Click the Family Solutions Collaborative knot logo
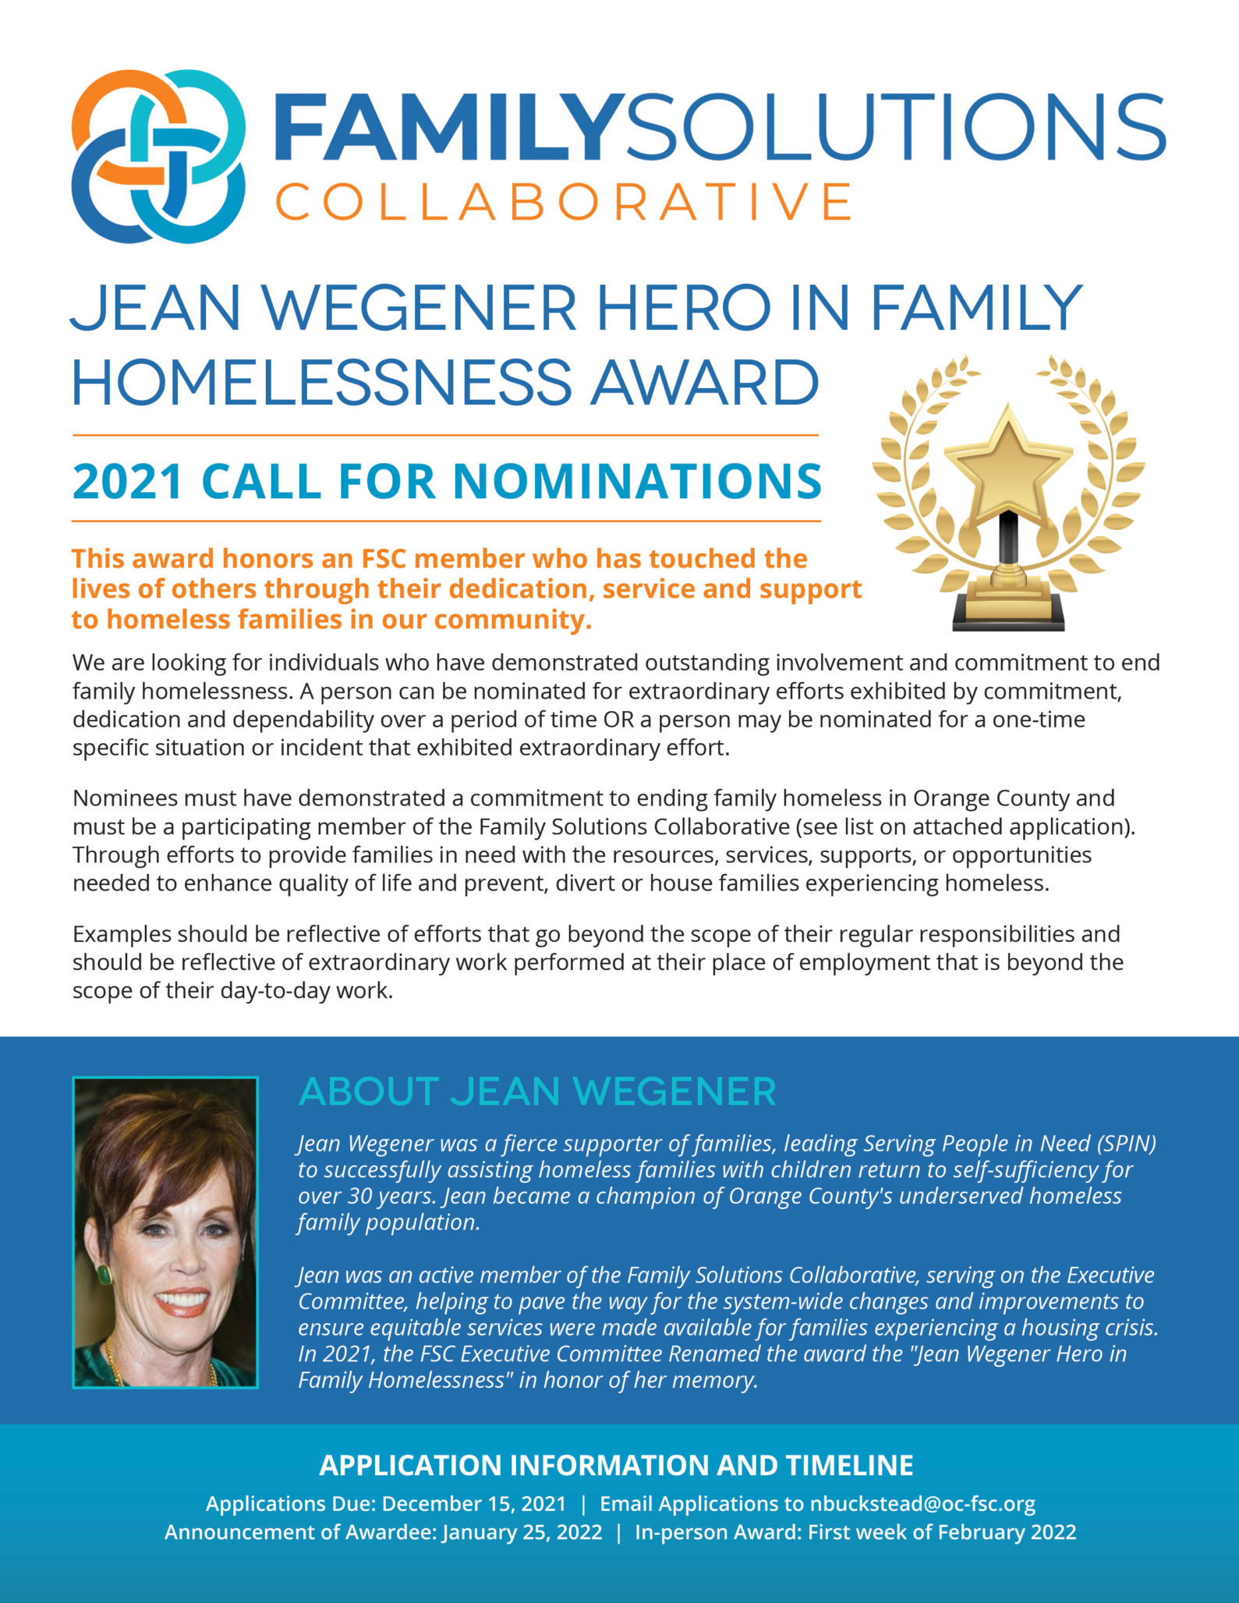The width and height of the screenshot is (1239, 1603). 158,156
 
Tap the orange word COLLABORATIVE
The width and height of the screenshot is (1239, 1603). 563,202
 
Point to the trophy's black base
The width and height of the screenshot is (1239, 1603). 1008,616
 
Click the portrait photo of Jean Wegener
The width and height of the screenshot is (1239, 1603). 165,1232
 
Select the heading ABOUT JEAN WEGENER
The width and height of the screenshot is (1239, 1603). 537,1092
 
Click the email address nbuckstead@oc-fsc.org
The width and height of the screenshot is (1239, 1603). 922,1503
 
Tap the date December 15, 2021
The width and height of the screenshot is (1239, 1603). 474,1503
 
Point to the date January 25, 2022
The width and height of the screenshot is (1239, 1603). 522,1532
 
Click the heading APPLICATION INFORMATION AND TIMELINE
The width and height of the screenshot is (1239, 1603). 616,1466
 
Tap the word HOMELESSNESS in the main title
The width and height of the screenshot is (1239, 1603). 322,382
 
